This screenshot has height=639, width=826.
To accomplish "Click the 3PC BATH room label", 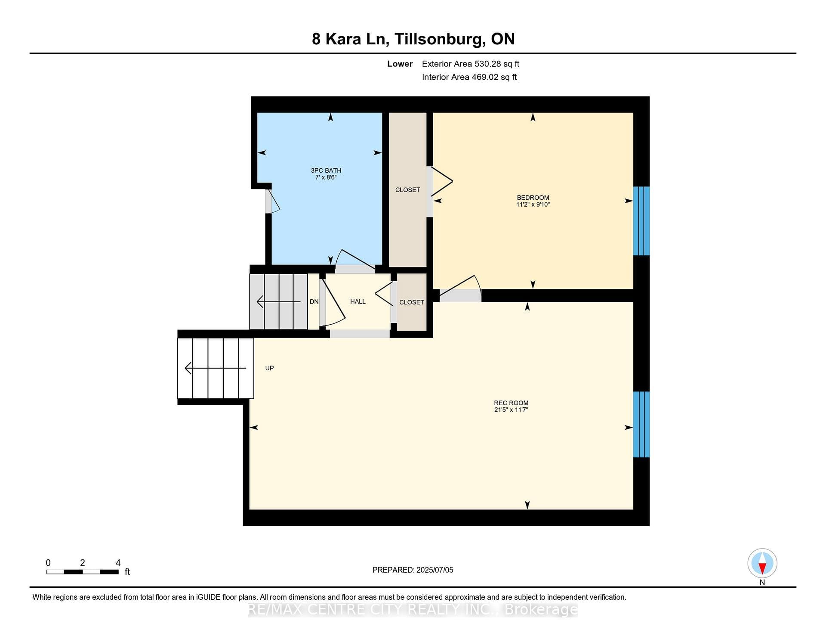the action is coord(326,171).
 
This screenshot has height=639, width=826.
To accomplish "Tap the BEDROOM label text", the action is coord(533,198).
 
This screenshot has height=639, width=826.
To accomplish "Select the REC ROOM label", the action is coord(511,403).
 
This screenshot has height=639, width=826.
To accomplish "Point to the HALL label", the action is coord(358,302).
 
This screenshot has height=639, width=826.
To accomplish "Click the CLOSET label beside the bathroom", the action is coord(408,190).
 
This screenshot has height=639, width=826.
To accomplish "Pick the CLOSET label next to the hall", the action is coord(412,302).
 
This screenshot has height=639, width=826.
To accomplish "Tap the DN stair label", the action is coord(314,302).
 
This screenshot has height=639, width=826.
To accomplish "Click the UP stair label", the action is coord(269,368).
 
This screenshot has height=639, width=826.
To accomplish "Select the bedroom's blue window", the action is coord(641,221).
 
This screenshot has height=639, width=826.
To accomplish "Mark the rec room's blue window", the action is coord(641,424).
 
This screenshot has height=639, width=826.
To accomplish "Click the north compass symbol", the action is coord(762,564).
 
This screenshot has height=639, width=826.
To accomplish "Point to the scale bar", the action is coord(83,572).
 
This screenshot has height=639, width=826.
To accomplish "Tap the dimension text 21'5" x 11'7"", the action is coord(511,410).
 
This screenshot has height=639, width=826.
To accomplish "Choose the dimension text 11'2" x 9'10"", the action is coord(533,205).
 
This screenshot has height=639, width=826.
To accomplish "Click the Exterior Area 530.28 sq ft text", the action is coord(471,64).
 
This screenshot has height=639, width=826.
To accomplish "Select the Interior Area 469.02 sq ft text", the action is coord(469,77).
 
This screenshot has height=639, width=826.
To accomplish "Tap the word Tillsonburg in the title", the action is coord(439,39).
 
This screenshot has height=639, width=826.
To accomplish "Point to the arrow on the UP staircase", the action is coord(216,368).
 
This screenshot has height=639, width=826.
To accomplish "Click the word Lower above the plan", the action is coord(400,64).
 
